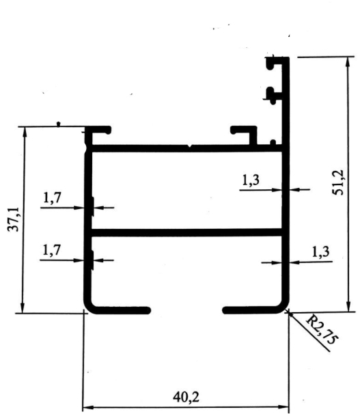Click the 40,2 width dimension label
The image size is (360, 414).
(x=186, y=397)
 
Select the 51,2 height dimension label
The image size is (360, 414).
(x=338, y=182)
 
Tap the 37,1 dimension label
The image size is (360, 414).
(x=13, y=219)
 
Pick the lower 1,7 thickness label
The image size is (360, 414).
(x=52, y=250)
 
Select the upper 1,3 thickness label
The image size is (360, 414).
(x=251, y=180)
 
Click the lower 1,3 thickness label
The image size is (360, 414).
(x=320, y=251)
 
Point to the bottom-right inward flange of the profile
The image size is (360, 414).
(x=251, y=310)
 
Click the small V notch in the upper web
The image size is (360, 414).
(x=190, y=146)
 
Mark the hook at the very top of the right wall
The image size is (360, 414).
(x=275, y=62)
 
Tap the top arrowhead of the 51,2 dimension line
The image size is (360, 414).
(x=348, y=61)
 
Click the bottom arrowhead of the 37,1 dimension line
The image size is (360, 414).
(x=23, y=308)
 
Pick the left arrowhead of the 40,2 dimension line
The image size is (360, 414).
(x=88, y=407)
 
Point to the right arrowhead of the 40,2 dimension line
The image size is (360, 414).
(x=283, y=407)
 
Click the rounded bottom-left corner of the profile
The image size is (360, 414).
(x=89, y=308)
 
